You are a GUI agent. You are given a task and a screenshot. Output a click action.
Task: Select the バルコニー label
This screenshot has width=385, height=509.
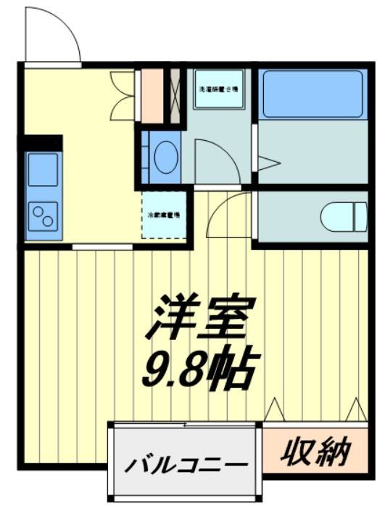click(183, 464)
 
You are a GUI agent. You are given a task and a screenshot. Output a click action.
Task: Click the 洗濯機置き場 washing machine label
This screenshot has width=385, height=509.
click(218, 89)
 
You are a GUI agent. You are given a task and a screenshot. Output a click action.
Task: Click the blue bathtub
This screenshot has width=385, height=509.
click(311, 94)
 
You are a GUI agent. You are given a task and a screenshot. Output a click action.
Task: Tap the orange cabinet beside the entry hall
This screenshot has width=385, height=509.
click(152, 95)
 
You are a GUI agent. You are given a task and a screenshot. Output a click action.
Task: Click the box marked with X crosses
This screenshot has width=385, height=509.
click(175, 95)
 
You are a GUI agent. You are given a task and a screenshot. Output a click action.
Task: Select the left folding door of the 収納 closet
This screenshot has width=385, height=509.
click(275, 410)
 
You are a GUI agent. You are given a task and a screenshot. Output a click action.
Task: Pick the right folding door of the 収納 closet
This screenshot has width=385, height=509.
click(356, 410)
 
